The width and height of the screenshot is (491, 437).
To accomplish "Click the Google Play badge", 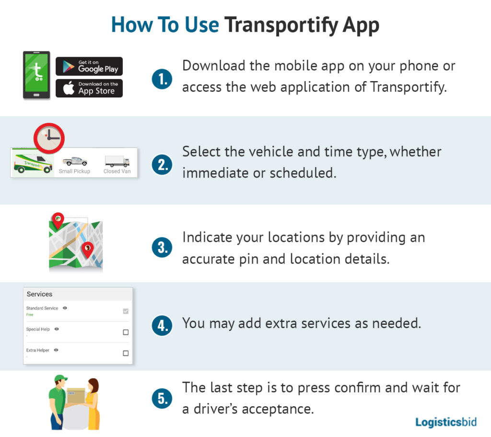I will pos(89,66).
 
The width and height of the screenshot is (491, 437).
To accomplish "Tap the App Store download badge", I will pos(89,88).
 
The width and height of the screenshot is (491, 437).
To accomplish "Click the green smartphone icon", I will pos(36,75).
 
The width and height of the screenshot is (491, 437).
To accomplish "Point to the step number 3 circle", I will pos(162,248).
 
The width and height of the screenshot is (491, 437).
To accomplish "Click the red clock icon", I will pos(49,139).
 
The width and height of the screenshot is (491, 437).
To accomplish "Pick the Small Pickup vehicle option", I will pos(74,165).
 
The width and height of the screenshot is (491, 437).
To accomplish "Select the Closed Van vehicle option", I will pos(117,164).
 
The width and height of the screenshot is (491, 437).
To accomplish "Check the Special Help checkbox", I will pos(126,332).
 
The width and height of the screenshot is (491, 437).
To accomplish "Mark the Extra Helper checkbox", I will pos(126,353).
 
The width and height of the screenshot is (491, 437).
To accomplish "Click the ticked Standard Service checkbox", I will pos(126,311).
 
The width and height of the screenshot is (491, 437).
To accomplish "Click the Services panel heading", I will pos(40,294).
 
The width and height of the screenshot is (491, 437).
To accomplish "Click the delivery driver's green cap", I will pos(60,378).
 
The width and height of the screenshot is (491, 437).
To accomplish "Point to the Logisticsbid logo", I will pos(445,422).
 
